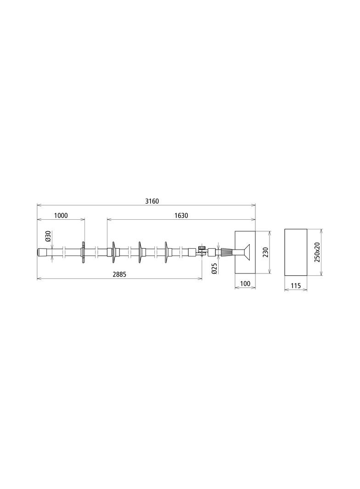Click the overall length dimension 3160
point(152,201)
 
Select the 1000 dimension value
point(61,216)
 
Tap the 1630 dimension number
point(181,216)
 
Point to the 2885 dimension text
point(119,274)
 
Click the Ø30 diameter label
point(48,236)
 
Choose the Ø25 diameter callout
point(214,269)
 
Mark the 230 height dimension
point(265,252)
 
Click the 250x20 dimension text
point(317,252)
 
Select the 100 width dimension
point(245,284)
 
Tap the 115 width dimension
point(296,285)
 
